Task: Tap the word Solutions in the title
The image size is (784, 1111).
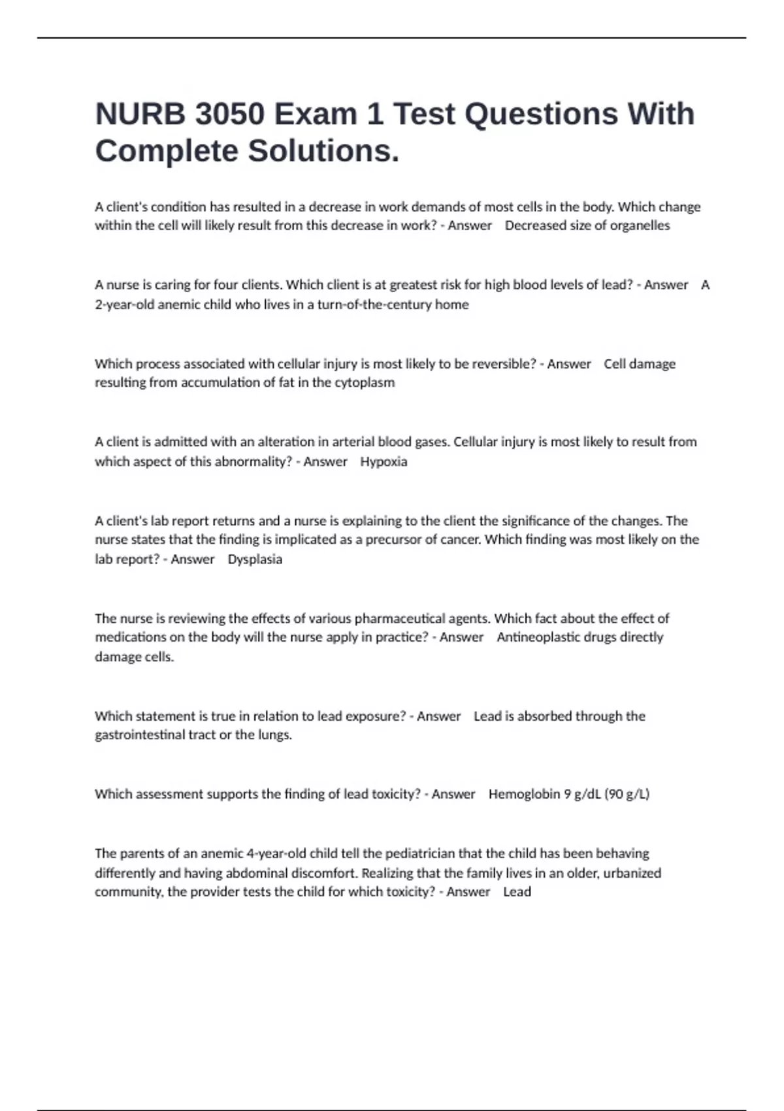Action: coord(323,151)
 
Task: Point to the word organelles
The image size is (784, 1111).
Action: coord(640,225)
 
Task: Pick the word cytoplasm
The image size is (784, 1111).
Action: coord(365,382)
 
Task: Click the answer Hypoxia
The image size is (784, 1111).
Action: coord(384,461)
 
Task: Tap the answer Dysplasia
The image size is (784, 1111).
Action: coord(255,559)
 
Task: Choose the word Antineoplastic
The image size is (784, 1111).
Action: coord(540,637)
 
